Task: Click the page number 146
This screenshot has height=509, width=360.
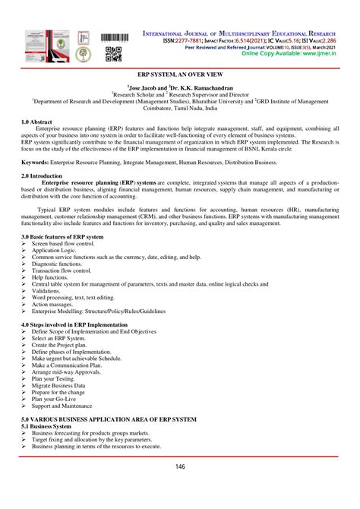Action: (180, 466)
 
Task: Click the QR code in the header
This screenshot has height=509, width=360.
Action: (113, 53)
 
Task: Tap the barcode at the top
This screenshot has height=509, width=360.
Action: (113, 37)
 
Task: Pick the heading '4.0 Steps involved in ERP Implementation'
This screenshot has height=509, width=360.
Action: (79, 325)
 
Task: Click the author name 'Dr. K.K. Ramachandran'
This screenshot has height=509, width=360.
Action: (200, 88)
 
